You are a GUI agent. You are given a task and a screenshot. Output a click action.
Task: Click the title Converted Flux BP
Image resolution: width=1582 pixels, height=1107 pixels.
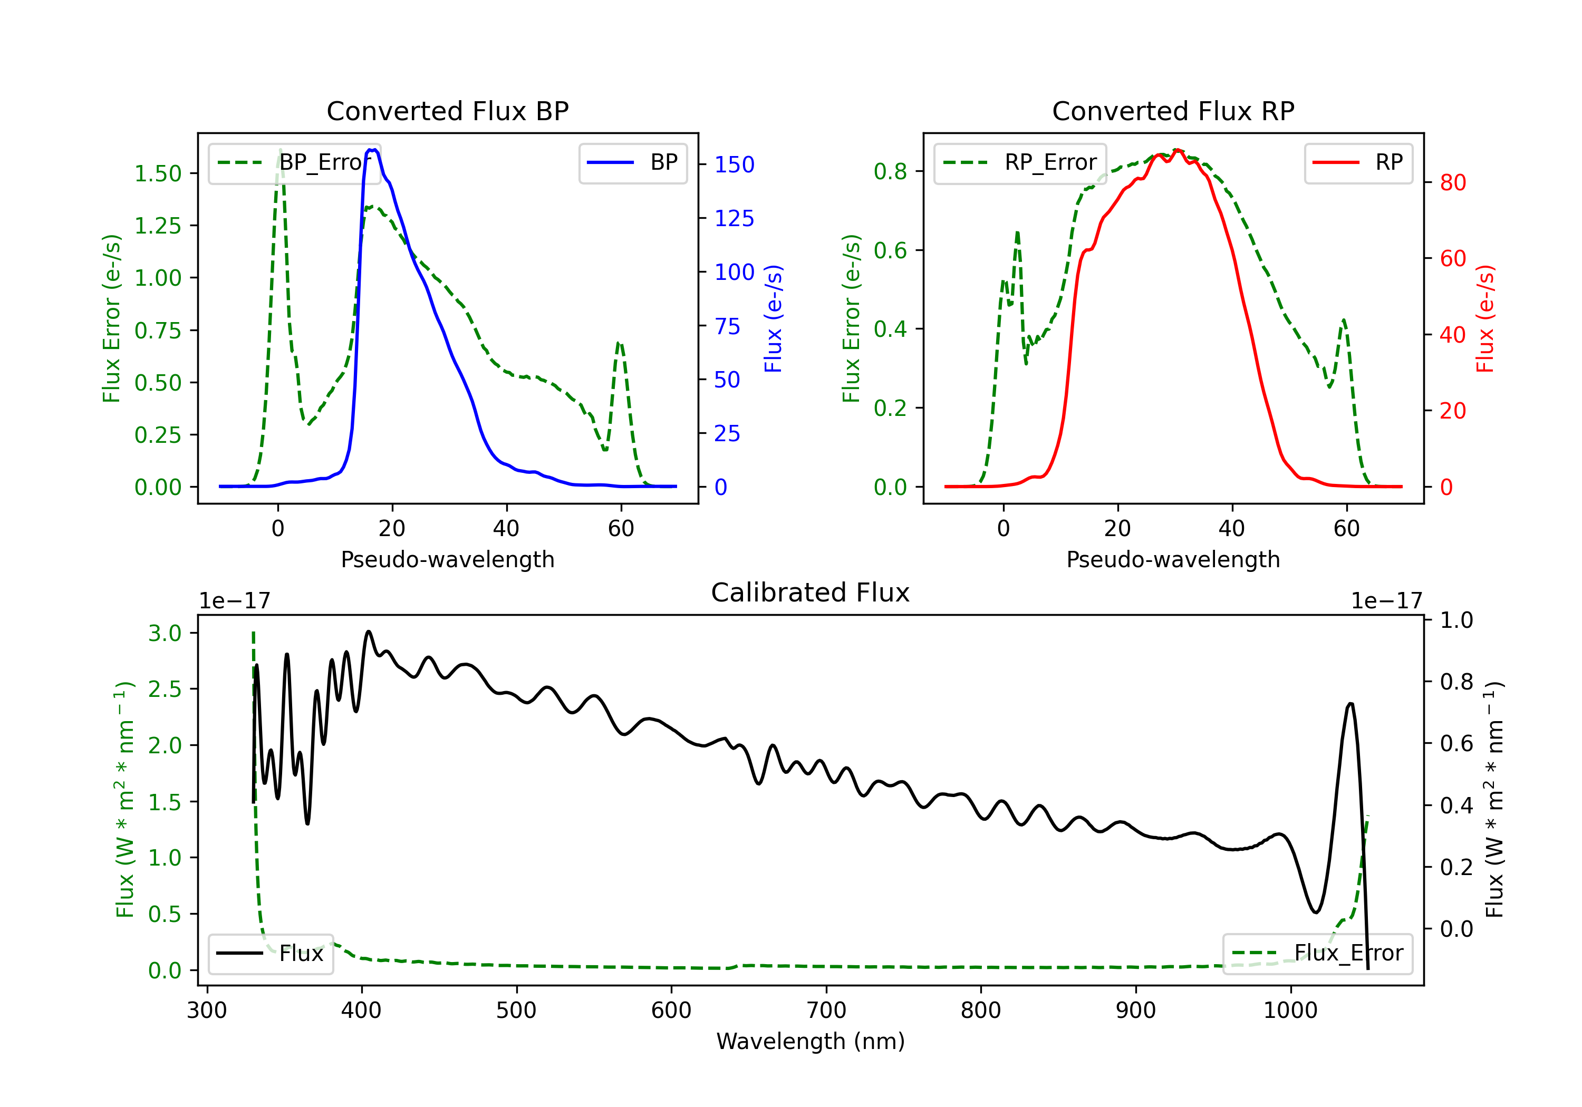tap(447, 111)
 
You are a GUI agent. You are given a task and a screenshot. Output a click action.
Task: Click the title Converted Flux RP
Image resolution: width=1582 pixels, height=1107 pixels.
tap(1173, 111)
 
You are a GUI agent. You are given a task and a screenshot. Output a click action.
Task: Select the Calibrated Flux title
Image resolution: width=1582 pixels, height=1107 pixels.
tap(811, 593)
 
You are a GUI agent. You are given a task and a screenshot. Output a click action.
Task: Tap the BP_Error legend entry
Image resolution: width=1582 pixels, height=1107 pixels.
tap(294, 162)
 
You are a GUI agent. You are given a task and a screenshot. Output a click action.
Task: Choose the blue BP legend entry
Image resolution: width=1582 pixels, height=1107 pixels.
tap(632, 162)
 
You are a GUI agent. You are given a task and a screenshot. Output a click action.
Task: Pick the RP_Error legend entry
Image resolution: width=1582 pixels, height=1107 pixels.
tap(1020, 162)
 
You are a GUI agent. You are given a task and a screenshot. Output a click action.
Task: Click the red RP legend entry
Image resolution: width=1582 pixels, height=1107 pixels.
tap(1358, 162)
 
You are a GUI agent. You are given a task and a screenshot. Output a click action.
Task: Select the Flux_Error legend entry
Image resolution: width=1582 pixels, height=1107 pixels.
tap(1317, 954)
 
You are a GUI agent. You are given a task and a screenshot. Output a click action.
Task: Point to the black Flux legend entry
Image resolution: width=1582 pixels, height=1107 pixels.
tap(270, 954)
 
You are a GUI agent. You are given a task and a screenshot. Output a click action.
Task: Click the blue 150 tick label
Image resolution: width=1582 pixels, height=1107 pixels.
tap(735, 164)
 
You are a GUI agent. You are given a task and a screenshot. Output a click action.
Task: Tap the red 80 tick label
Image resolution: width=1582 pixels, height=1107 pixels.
tap(1453, 182)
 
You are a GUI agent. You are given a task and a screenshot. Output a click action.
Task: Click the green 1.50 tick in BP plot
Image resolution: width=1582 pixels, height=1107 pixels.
tap(158, 173)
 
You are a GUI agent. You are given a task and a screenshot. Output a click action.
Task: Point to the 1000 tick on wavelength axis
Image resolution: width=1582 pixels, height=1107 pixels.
tap(1290, 1011)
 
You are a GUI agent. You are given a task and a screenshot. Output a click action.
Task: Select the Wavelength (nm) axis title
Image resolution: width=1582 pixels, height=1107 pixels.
tap(811, 1041)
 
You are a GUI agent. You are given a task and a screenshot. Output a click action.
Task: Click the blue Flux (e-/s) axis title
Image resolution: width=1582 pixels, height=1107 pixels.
tap(774, 319)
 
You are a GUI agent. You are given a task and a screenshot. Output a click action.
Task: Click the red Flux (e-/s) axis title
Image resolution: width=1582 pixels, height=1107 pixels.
tap(1485, 319)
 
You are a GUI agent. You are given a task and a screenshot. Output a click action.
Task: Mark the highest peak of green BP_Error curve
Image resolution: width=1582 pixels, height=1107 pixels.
tap(279, 150)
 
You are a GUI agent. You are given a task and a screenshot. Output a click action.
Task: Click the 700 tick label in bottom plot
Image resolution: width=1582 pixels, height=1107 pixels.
tap(826, 1011)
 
